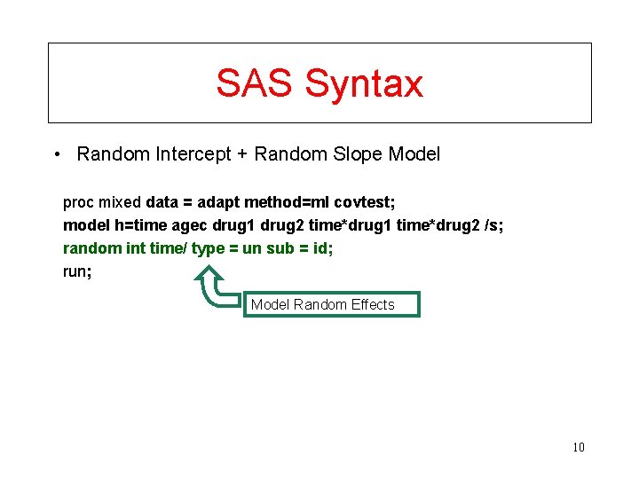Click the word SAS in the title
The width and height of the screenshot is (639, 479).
point(255,83)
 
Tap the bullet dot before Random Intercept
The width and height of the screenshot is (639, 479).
point(56,154)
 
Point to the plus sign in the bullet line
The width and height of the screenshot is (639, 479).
point(241,154)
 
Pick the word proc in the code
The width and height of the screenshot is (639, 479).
point(77,201)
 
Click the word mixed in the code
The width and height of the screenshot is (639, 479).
point(120,201)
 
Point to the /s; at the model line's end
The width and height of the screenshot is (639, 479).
point(494,225)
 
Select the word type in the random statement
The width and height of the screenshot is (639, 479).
point(208,249)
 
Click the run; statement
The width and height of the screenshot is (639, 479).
point(77,271)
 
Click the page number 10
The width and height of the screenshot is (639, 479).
point(578,447)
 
